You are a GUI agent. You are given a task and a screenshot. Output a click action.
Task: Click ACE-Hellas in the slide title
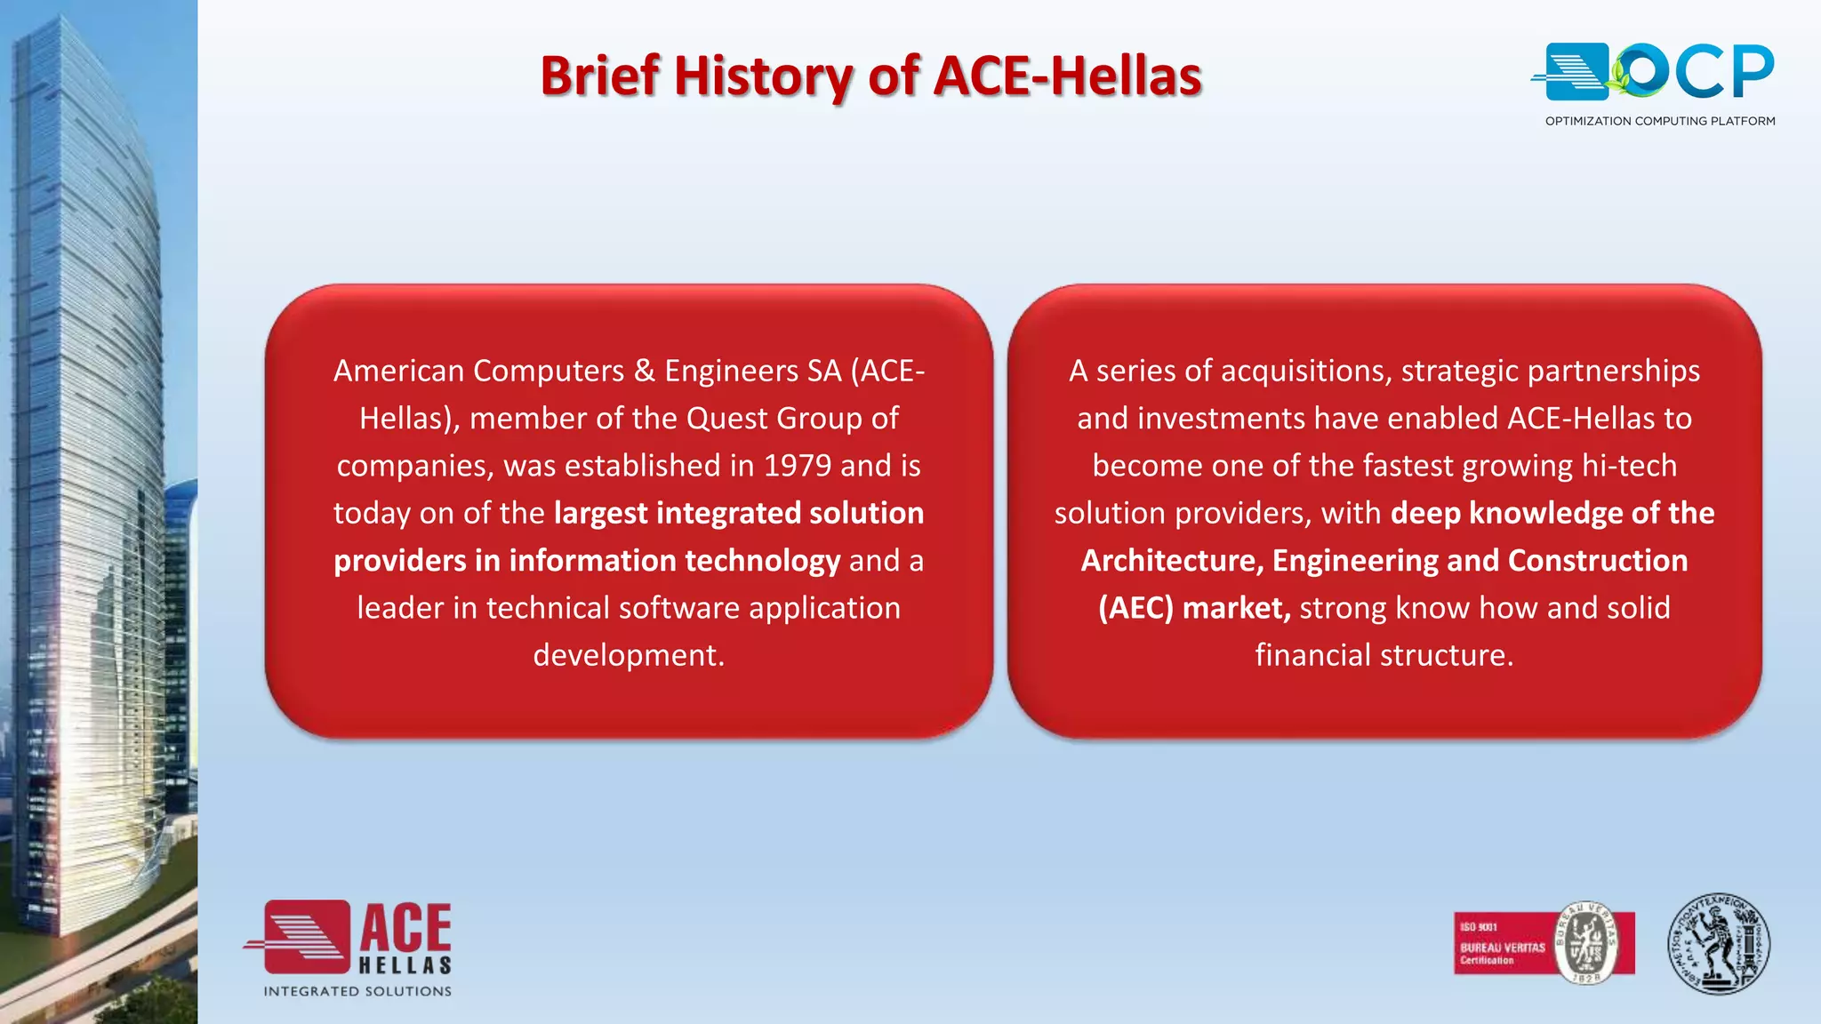click(x=1067, y=76)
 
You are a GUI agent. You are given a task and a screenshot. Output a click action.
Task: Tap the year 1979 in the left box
click(x=798, y=466)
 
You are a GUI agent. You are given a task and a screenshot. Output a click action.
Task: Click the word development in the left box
click(x=628, y=655)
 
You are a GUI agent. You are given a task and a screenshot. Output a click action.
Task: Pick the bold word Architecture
click(x=1171, y=561)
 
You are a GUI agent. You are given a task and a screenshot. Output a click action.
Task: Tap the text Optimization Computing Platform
click(x=1659, y=121)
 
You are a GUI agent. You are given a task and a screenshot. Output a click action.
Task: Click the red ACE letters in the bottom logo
click(x=405, y=930)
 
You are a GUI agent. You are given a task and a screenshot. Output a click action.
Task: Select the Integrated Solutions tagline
click(x=357, y=991)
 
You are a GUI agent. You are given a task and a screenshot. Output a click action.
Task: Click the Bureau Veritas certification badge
click(x=1544, y=943)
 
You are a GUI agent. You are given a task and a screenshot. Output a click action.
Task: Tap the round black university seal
click(x=1718, y=944)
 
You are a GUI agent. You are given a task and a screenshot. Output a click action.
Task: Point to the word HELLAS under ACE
click(x=405, y=965)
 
